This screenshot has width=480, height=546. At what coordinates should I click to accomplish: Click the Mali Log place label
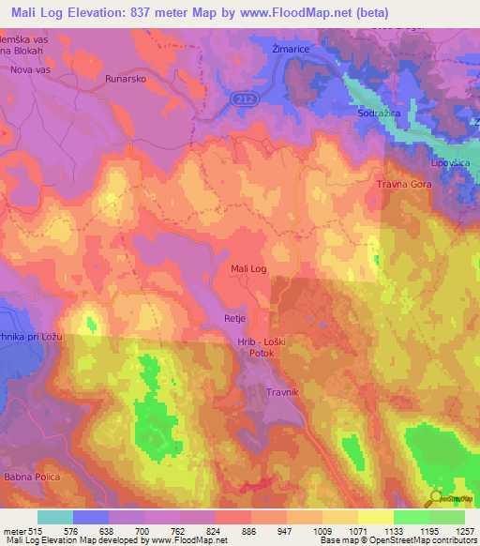[249, 269]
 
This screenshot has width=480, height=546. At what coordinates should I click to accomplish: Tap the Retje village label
[234, 319]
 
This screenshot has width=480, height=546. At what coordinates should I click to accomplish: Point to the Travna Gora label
[404, 185]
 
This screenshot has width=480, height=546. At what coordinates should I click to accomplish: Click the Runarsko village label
[127, 80]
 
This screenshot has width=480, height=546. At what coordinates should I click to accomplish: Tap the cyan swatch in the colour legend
[55, 517]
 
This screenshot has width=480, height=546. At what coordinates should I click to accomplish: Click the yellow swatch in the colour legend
[376, 517]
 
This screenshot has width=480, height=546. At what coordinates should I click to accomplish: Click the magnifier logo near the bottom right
[436, 498]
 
